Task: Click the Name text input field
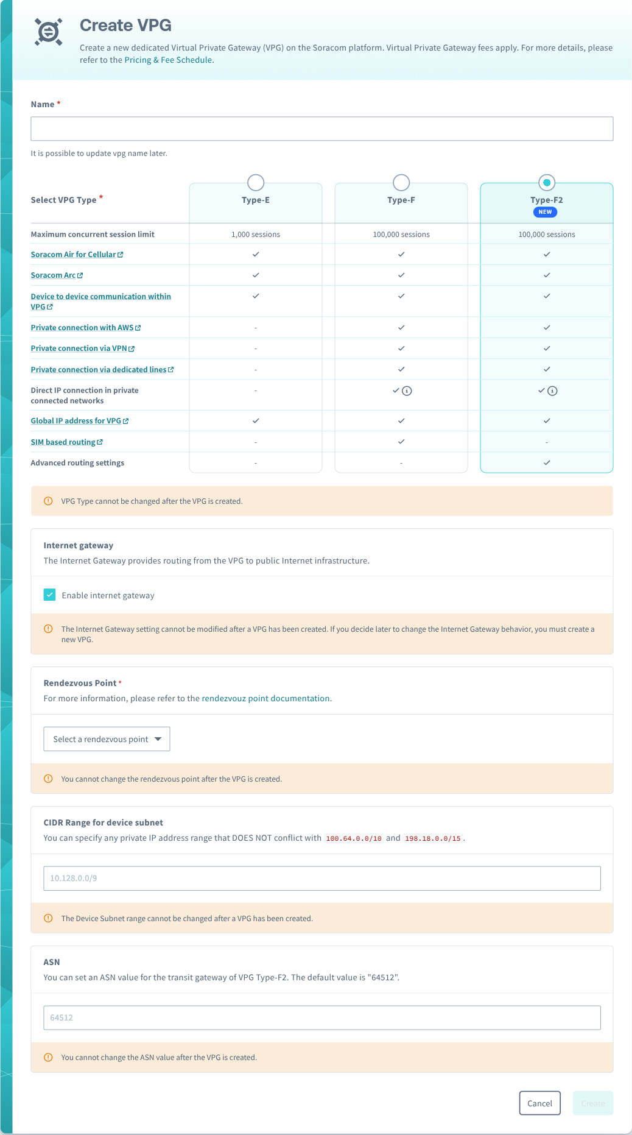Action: [x=321, y=129]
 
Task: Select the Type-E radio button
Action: [x=256, y=182]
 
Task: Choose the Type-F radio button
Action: [x=401, y=182]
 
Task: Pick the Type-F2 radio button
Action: [x=547, y=182]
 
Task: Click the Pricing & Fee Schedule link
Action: [x=168, y=60]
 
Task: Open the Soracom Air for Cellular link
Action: [x=74, y=255]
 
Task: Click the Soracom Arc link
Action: [x=54, y=275]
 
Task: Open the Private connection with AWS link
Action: [x=82, y=328]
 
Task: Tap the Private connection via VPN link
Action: [x=79, y=348]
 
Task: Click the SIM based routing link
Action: [x=63, y=442]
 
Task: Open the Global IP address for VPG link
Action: [x=76, y=421]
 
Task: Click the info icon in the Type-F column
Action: [x=407, y=391]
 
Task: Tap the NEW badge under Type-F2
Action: [x=545, y=212]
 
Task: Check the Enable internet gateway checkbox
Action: [x=50, y=595]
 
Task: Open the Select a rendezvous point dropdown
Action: [x=107, y=739]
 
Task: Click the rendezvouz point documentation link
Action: [x=265, y=698]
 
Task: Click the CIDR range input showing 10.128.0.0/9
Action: [x=321, y=878]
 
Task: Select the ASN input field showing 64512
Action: [x=321, y=1017]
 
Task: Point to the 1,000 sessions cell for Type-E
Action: [x=256, y=235]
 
